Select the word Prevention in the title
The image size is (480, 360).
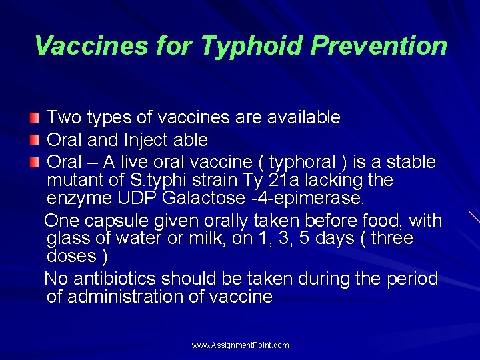[x=379, y=46]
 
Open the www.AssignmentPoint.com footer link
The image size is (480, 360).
[x=240, y=345]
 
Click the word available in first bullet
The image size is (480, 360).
[x=303, y=117]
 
